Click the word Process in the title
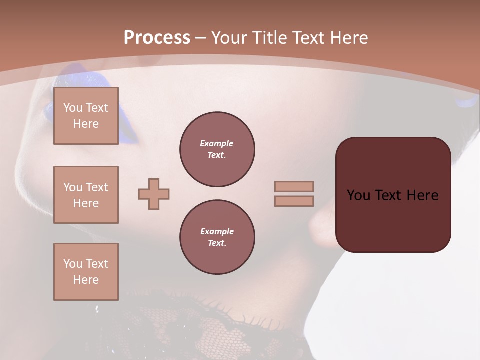pos(157,38)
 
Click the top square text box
pos(86,116)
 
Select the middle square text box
pos(86,195)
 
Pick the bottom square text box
pos(86,272)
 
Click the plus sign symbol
pos(154,194)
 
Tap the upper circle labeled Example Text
pos(217,149)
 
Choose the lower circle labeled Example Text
pos(217,237)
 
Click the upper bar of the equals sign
pos(294,186)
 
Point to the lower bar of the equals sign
pos(294,201)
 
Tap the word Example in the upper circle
pos(217,143)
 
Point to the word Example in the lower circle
pos(217,231)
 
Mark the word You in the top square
pos(73,108)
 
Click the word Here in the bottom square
pos(86,280)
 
